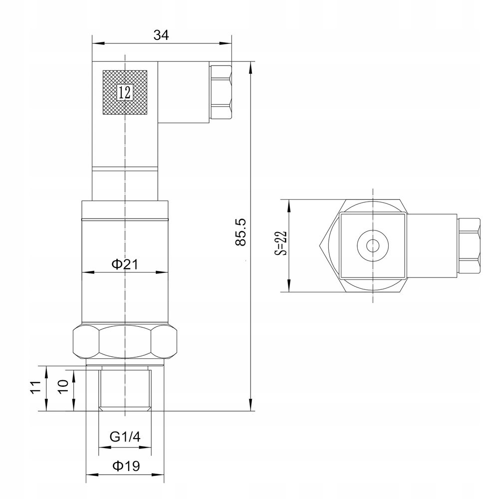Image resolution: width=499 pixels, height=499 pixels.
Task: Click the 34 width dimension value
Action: click(161, 35)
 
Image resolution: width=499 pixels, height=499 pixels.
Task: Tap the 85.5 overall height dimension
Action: click(241, 232)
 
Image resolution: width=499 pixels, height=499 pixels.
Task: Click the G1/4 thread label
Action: click(125, 437)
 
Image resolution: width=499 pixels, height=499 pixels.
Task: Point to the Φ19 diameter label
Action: click(125, 466)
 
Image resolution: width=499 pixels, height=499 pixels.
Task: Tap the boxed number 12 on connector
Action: click(125, 92)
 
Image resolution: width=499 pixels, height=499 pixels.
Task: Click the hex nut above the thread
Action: click(125, 342)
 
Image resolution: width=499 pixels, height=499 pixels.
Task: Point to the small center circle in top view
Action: click(373, 246)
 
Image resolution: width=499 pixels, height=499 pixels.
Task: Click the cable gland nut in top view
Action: click(469, 246)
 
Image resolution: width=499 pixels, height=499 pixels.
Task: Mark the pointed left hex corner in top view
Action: click(319, 245)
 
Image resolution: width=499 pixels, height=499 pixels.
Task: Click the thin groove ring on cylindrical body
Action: click(125, 220)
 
